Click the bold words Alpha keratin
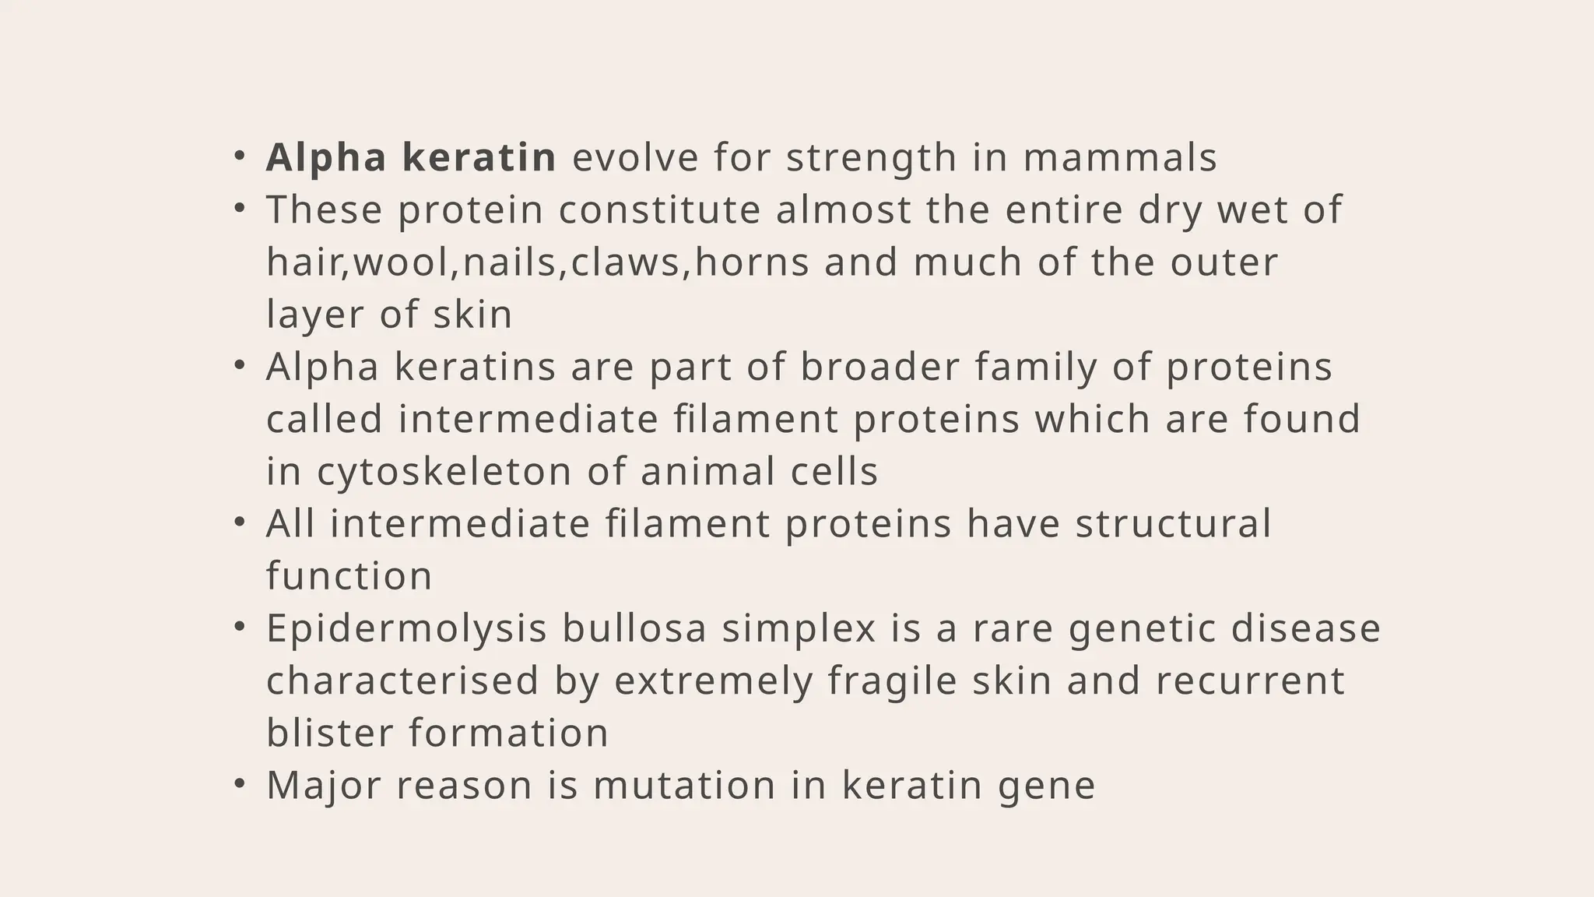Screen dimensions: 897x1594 [x=411, y=157]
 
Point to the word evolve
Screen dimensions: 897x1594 [x=636, y=157]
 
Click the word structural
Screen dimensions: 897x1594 [x=1173, y=523]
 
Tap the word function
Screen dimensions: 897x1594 [x=349, y=577]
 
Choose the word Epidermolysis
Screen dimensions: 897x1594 [x=406, y=629]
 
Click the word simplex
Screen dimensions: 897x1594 [x=799, y=629]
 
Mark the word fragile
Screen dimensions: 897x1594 [x=892, y=681]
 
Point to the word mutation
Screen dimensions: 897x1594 [x=684, y=785]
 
